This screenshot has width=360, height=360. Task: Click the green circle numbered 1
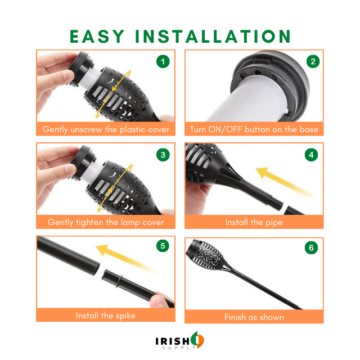coord(163,61)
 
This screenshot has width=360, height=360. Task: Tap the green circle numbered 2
coord(313,61)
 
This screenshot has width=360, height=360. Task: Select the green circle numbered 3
coord(163,155)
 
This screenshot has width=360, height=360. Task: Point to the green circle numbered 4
coord(311,155)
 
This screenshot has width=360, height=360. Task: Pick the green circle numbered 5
coord(163,246)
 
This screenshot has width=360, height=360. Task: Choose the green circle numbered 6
coord(311,247)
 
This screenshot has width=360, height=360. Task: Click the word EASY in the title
coord(97,36)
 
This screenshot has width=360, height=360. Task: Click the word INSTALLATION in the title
coord(213,36)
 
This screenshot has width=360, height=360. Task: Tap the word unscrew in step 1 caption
coord(86,129)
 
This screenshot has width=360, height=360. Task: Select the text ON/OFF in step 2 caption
coord(225,129)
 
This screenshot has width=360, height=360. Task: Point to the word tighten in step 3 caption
coord(89,223)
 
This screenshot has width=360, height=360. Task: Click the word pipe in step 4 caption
coord(274,223)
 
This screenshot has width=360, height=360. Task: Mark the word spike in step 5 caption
coord(125,316)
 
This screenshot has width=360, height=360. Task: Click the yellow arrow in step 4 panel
coord(284,182)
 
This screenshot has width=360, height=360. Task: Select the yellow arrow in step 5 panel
coord(125,258)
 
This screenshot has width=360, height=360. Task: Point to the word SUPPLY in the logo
coord(179,348)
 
